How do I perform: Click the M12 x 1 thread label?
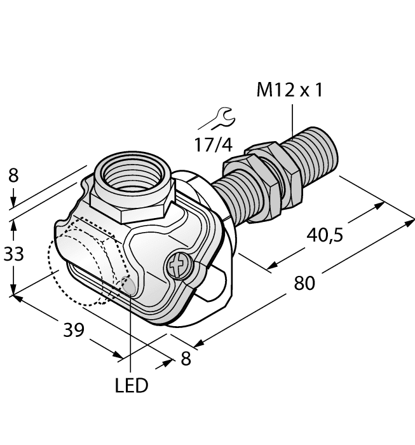pyautogui.click(x=289, y=90)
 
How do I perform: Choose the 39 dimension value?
pyautogui.click(x=74, y=330)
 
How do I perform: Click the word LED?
pyautogui.click(x=132, y=385)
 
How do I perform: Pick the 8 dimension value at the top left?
pyautogui.click(x=13, y=176)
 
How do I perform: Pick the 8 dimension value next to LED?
pyautogui.click(x=186, y=359)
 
